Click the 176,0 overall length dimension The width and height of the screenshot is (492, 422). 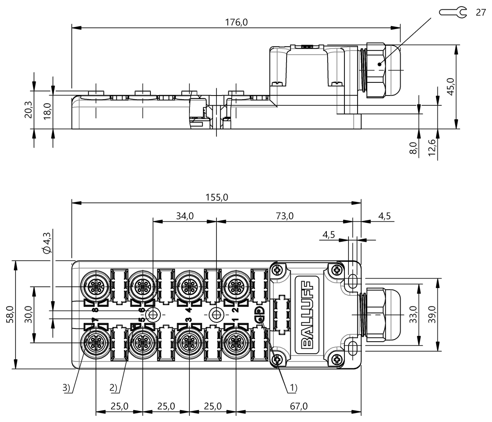tap(236, 23)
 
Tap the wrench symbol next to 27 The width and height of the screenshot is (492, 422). tap(453, 12)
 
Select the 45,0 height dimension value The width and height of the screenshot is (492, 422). tap(451, 86)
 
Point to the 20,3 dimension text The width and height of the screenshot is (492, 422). tap(28, 110)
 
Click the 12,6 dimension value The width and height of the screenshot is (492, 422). tap(432, 147)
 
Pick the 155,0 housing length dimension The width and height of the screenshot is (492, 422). tap(216, 197)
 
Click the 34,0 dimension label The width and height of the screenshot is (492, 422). tap(185, 216)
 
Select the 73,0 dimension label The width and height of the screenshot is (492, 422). tap(285, 216)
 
